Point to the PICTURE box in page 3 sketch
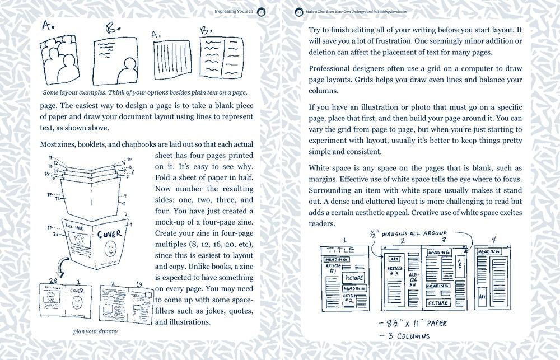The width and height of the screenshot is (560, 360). click(x=438, y=302)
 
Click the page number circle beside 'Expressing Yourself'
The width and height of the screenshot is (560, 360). click(x=262, y=11)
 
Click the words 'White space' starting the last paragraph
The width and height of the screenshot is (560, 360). click(x=330, y=168)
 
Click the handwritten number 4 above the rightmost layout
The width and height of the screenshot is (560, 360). click(x=493, y=239)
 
